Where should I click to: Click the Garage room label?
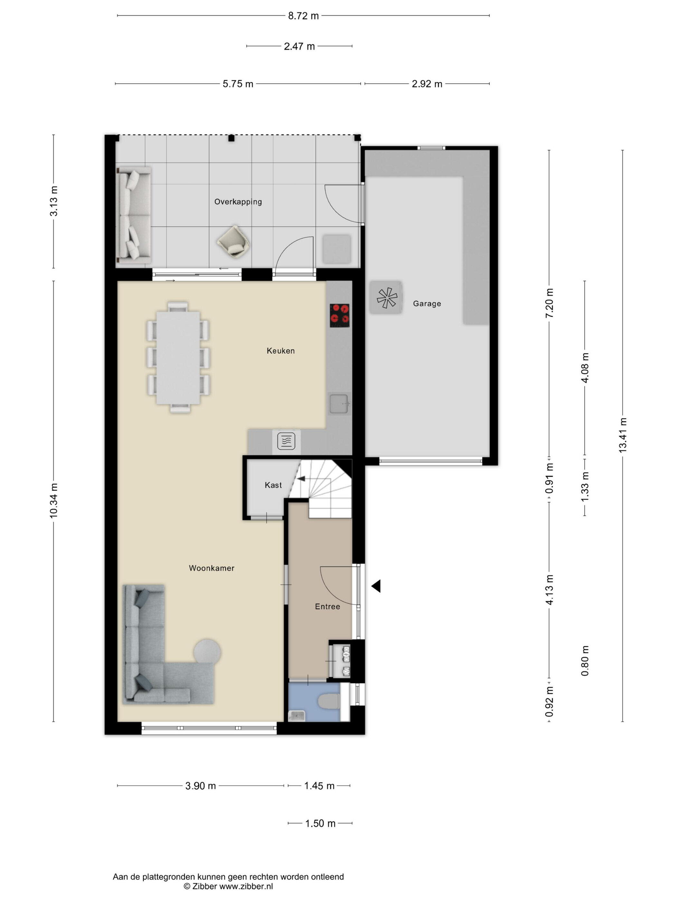click(x=427, y=303)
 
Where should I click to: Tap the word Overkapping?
click(x=238, y=202)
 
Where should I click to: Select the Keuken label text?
click(x=280, y=351)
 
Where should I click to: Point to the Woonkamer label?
click(x=211, y=568)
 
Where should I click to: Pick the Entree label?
click(x=327, y=607)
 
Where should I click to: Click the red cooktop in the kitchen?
click(x=340, y=315)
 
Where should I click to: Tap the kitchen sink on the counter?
click(x=339, y=404)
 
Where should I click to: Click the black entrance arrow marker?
click(x=376, y=586)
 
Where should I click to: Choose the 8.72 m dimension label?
click(x=303, y=16)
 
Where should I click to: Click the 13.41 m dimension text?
click(x=622, y=435)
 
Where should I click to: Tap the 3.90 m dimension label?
click(x=201, y=786)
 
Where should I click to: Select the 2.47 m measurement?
click(x=299, y=46)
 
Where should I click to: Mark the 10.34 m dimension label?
click(x=53, y=501)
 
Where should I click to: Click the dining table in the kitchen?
click(x=178, y=358)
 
